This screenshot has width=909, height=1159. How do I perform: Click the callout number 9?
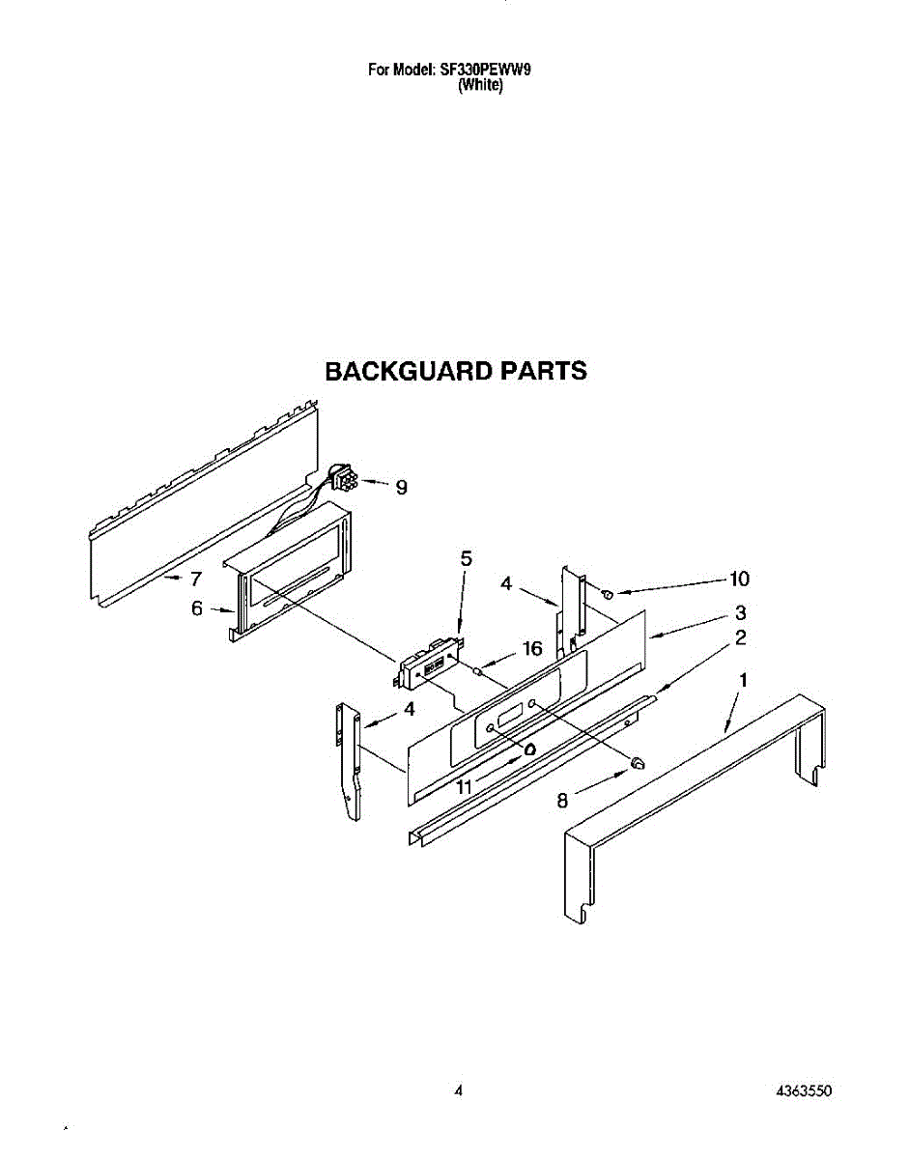[401, 488]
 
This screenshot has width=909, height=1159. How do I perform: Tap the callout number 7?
[195, 579]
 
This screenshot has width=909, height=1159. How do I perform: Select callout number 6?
[197, 608]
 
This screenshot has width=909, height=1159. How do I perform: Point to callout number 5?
[467, 558]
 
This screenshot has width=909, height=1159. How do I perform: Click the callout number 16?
[532, 649]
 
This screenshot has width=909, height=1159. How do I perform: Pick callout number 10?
[739, 579]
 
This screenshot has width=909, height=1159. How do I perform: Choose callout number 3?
[739, 612]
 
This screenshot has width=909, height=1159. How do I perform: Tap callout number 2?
[740, 637]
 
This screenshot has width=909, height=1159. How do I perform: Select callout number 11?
[466, 787]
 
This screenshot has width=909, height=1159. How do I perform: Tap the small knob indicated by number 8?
[637, 764]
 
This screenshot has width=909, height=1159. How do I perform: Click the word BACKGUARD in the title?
[395, 372]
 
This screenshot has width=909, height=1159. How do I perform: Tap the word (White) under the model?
[480, 85]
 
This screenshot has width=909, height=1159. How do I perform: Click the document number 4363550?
[804, 1091]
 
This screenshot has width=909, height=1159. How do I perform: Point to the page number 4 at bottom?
[459, 1091]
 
